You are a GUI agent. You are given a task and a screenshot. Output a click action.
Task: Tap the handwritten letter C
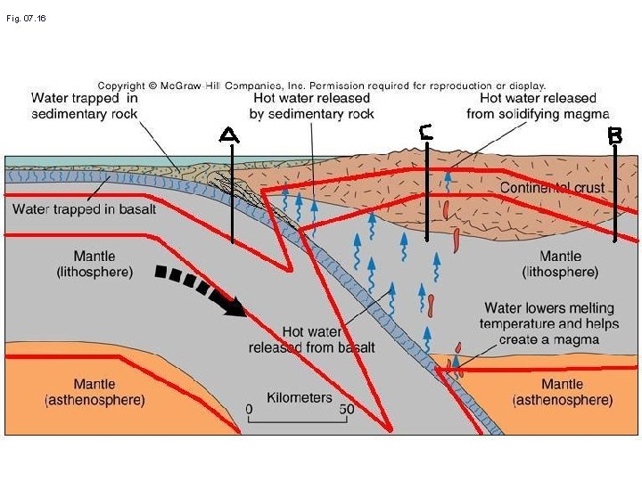[426, 132]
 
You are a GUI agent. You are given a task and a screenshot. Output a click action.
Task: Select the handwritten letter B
[615, 135]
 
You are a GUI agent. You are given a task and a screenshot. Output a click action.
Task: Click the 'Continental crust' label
[551, 188]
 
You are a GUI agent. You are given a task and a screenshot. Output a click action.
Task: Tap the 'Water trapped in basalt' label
[85, 209]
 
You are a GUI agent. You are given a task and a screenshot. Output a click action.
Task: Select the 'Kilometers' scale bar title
[299, 398]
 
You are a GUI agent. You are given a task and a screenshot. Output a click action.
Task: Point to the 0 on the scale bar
[250, 412]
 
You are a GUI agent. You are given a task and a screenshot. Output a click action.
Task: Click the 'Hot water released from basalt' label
[312, 339]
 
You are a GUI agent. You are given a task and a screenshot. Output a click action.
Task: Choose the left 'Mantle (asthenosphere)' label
[95, 392]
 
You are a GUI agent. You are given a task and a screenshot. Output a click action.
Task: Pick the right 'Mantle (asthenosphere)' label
[562, 392]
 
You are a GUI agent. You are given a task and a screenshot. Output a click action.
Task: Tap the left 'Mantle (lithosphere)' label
[95, 264]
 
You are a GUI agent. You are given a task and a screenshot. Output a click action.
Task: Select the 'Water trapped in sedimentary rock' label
[84, 105]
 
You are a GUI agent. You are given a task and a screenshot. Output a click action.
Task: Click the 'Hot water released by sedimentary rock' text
[312, 105]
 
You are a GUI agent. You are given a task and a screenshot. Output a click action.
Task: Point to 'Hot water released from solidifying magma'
[538, 105]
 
